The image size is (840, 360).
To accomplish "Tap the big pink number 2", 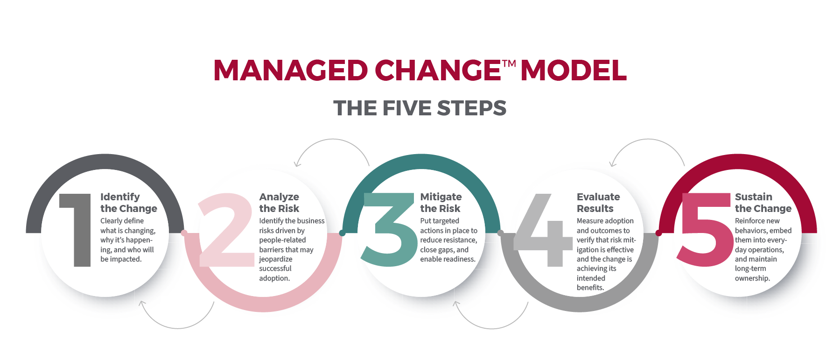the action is coord(226,231).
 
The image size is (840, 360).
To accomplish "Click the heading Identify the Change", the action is coord(128,203).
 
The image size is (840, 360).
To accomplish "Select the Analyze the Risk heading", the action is coord(279,203).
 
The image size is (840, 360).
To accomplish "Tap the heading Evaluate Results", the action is coord(598,203).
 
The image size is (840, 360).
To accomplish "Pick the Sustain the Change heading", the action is coord(763,203).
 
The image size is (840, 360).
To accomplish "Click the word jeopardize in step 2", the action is coord(276,259).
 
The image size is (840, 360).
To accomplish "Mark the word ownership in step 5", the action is coord(752,278).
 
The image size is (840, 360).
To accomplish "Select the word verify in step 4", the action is coord(585,240).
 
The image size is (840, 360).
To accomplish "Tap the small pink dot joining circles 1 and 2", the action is coord(184,233).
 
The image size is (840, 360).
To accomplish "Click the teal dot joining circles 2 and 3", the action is coord(342,233).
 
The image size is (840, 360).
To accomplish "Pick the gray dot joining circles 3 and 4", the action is coord(500,233).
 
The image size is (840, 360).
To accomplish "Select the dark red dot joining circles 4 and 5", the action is coord(658,233).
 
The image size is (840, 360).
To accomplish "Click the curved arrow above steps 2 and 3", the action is coord(332,142).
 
